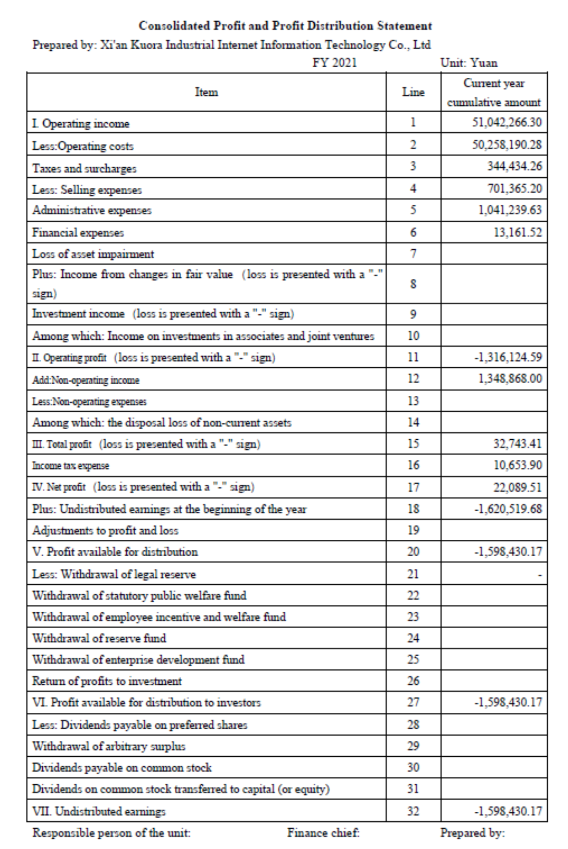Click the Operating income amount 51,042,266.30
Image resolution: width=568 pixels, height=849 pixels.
coord(506,122)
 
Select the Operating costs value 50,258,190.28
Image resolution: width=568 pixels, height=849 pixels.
coord(506,145)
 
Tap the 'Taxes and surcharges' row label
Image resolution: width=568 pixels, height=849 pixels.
coord(84,168)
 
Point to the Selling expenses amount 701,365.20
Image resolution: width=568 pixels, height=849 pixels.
coord(514,188)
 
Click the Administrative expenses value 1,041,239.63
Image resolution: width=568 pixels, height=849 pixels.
coord(510,210)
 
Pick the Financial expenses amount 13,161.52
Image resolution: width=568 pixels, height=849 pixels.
coord(518,232)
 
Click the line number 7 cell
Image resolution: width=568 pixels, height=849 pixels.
coord(413,254)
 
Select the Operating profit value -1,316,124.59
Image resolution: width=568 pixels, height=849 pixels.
coord(508,357)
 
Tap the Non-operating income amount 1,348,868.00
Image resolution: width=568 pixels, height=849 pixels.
coord(510,379)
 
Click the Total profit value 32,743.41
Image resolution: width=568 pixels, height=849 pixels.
coord(517,444)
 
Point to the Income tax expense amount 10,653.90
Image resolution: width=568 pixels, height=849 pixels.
coord(518,465)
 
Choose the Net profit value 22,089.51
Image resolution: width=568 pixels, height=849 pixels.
coord(517,487)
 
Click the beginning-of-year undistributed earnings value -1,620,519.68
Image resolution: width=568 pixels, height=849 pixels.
coord(508,509)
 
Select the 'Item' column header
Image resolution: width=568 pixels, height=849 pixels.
coord(206,92)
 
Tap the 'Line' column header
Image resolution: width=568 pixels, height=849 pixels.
coord(413,92)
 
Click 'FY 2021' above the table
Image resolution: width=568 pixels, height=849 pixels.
coord(334,63)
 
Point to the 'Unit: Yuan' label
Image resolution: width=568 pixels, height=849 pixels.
coord(469,63)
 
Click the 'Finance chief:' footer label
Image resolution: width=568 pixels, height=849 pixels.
coord(323,833)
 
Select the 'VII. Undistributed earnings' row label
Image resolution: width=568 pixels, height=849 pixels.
coord(99,811)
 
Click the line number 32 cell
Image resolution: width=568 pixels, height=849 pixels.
coord(413,811)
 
